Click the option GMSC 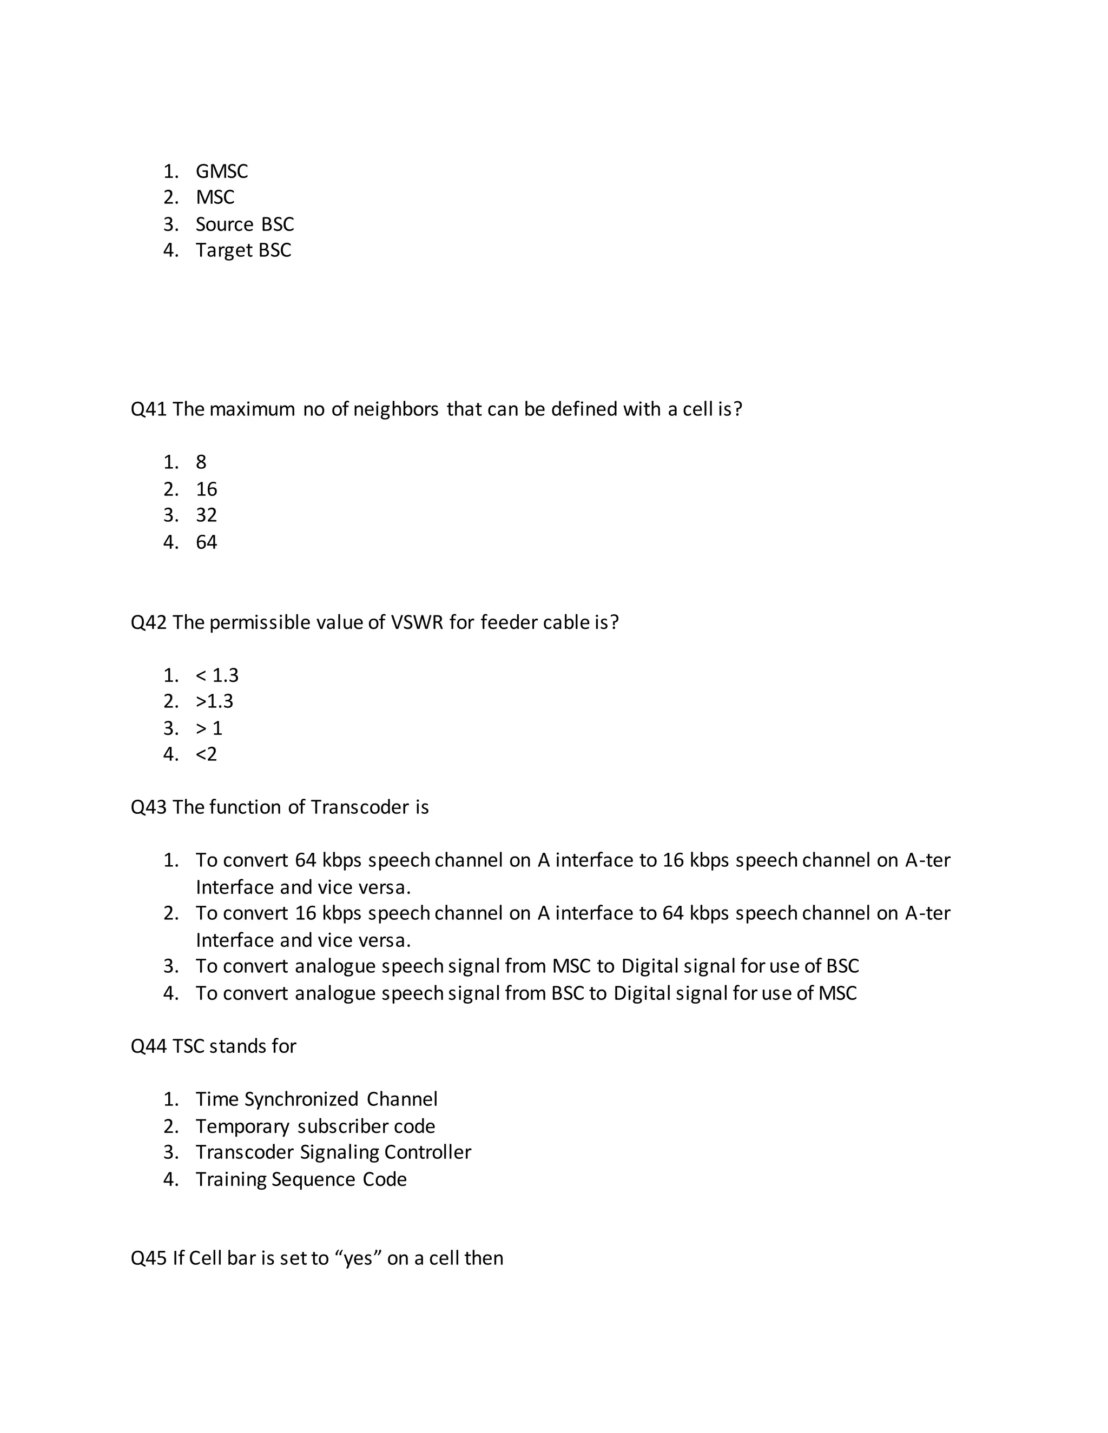click(221, 171)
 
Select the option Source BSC click(244, 224)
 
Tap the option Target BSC click(243, 250)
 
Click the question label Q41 click(148, 409)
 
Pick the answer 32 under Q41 click(206, 515)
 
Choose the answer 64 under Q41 click(206, 542)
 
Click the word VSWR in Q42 click(417, 622)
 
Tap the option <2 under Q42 click(206, 754)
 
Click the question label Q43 click(148, 807)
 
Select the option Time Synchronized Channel click(316, 1099)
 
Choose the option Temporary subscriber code click(315, 1126)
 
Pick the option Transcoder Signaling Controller click(333, 1152)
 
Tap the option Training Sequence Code click(301, 1179)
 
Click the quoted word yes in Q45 click(358, 1258)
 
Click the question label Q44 click(148, 1046)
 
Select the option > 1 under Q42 click(209, 728)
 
